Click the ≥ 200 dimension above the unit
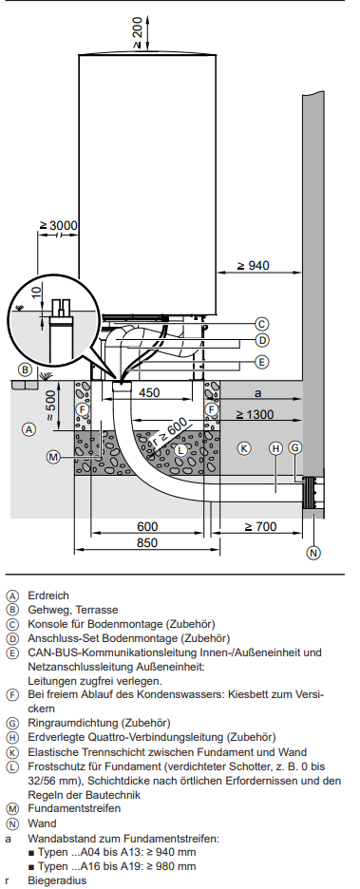(x=138, y=33)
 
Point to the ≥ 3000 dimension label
(x=58, y=225)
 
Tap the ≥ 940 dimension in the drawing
(x=253, y=265)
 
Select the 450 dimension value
(x=149, y=392)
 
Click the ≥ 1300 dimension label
(x=255, y=414)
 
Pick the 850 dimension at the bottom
(x=147, y=542)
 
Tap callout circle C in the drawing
(x=261, y=324)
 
